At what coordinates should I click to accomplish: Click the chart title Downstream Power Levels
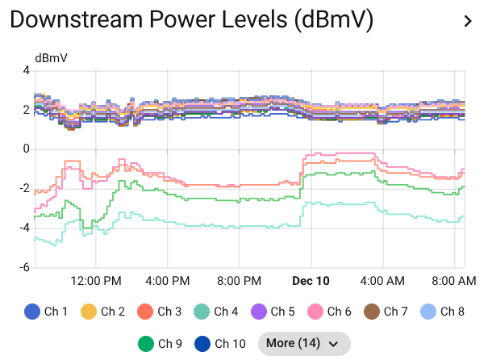[192, 21]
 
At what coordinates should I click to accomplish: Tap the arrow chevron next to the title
[468, 22]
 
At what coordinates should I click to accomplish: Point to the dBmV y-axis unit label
[51, 58]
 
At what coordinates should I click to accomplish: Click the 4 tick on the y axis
[26, 71]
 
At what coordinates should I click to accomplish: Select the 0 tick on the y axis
[26, 149]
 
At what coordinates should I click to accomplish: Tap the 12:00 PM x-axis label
[96, 281]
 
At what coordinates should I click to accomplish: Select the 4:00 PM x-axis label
[168, 281]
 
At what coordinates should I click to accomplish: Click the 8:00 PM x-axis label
[240, 281]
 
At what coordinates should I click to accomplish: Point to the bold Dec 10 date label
[311, 281]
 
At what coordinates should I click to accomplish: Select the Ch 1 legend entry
[46, 312]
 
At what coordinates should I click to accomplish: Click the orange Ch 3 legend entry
[159, 312]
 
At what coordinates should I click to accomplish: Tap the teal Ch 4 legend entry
[215, 312]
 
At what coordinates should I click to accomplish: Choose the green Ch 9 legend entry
[159, 343]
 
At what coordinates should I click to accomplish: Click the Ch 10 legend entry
[219, 343]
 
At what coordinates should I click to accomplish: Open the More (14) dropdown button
[304, 343]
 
